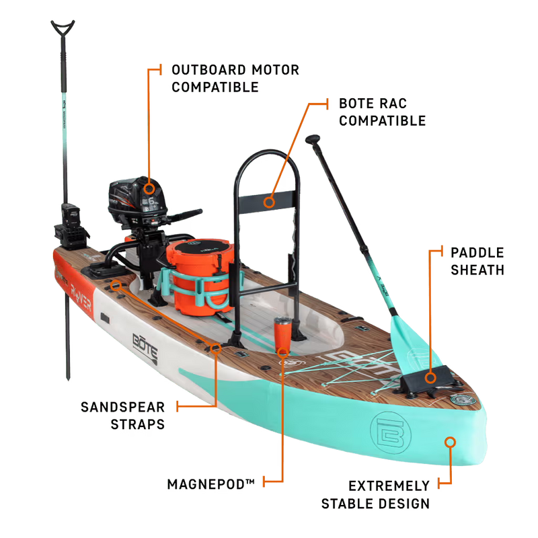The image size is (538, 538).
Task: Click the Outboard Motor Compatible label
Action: pyautogui.click(x=235, y=78)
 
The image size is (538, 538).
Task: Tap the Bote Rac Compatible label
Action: pyautogui.click(x=382, y=112)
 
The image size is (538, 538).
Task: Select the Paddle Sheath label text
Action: pyautogui.click(x=477, y=261)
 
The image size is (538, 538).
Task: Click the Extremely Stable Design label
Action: pyautogui.click(x=377, y=494)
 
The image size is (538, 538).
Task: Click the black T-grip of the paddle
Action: pyautogui.click(x=314, y=140)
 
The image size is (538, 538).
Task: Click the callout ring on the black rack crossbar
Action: pyautogui.click(x=269, y=200)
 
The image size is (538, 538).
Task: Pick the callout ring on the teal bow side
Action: pyautogui.click(x=450, y=442)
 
